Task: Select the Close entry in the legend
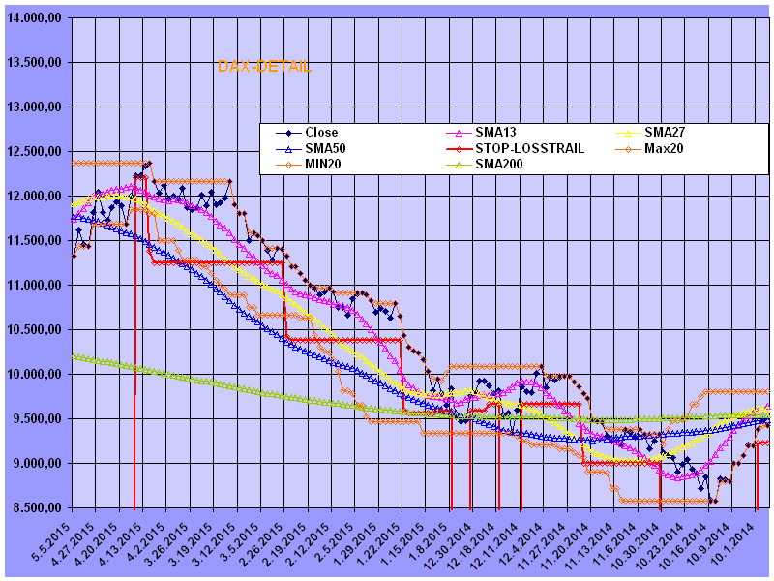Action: pyautogui.click(x=321, y=133)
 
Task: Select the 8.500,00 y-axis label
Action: pyautogui.click(x=36, y=508)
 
